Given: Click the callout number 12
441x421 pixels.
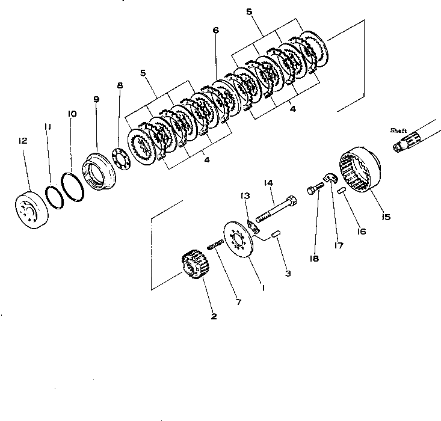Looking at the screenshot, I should pyautogui.click(x=23, y=141).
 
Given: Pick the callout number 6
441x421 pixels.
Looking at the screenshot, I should pyautogui.click(x=215, y=31).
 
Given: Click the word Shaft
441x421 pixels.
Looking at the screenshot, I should pyautogui.click(x=398, y=130).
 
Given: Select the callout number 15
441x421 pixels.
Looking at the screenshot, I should pyautogui.click(x=385, y=217).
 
